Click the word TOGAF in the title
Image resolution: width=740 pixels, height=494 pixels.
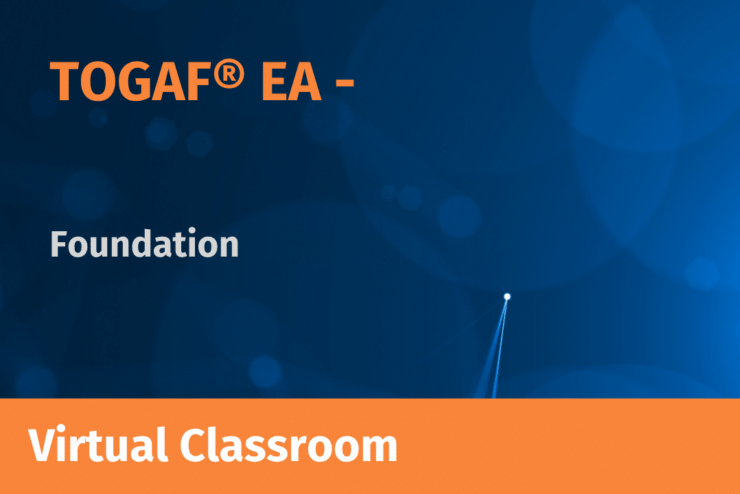(x=130, y=81)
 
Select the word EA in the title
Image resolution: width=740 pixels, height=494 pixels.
(x=291, y=82)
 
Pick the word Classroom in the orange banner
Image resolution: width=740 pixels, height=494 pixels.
(x=289, y=444)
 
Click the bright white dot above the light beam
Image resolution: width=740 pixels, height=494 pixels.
(x=507, y=297)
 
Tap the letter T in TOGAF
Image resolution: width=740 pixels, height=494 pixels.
(x=65, y=82)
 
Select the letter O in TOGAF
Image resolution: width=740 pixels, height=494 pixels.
(x=97, y=82)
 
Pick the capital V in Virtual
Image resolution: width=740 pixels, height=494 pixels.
(x=45, y=445)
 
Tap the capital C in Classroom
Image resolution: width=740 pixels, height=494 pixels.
(x=194, y=445)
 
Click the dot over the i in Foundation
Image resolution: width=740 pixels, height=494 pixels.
(x=192, y=231)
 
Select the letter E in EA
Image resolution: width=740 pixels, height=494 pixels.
(x=275, y=82)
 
